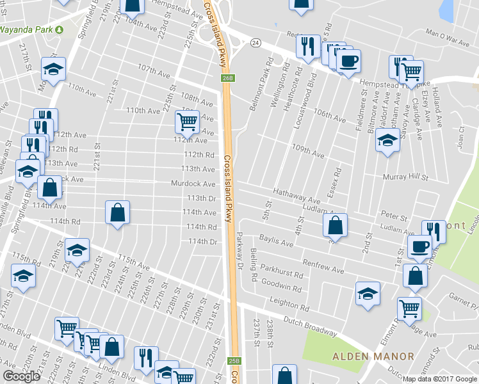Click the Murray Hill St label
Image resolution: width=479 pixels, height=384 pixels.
(x=405, y=176)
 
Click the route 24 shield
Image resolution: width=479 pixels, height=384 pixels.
(x=256, y=43)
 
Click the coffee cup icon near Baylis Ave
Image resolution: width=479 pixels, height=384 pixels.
(x=419, y=246)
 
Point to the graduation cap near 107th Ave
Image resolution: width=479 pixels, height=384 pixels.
(x=54, y=68)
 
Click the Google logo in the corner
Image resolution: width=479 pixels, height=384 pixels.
(x=22, y=376)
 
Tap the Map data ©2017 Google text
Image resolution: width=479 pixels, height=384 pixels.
(x=440, y=379)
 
